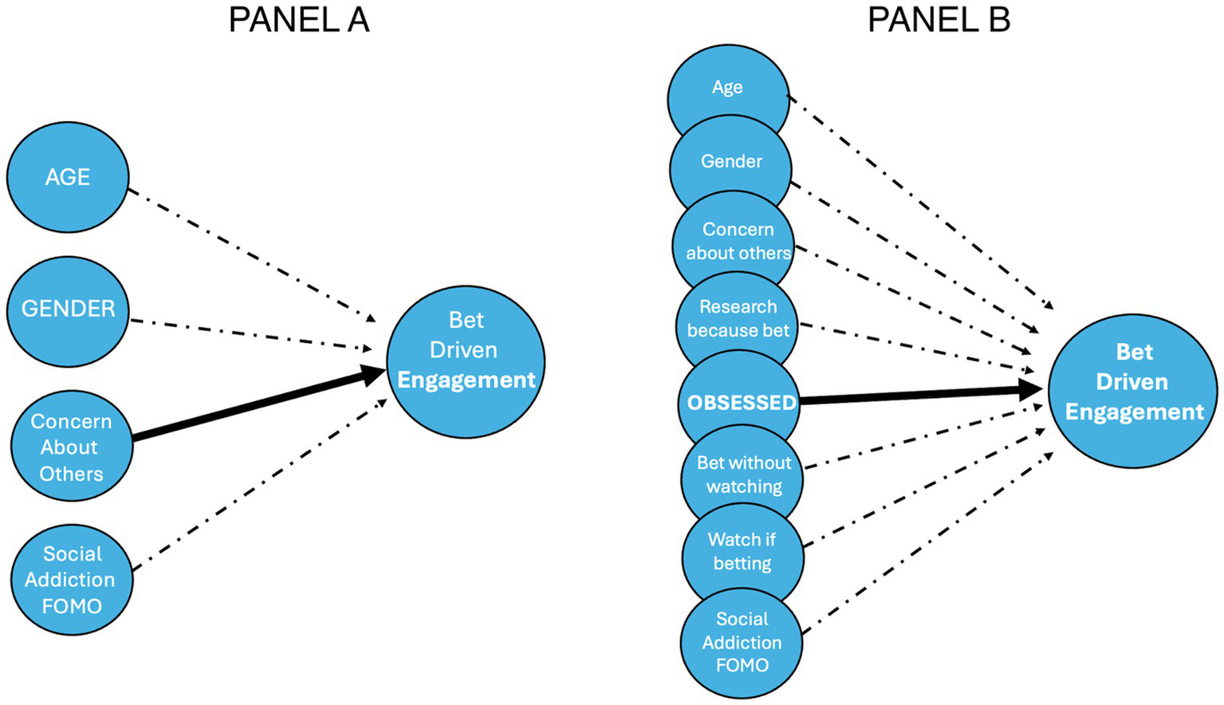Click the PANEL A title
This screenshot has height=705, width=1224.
(x=299, y=20)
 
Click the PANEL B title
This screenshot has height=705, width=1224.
(x=939, y=20)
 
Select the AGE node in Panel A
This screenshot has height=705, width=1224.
(x=68, y=177)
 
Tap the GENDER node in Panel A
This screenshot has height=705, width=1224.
(x=68, y=310)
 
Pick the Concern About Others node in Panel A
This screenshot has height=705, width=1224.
(x=71, y=447)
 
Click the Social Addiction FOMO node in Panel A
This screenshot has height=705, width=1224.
(x=71, y=580)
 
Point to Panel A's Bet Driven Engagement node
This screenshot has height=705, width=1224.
(x=466, y=360)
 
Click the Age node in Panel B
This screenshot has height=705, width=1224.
(x=727, y=88)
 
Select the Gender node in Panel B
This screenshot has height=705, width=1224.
(x=731, y=161)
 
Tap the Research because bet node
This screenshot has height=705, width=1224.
(x=738, y=319)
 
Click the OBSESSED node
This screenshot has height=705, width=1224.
(x=741, y=403)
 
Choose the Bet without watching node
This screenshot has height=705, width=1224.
(x=743, y=475)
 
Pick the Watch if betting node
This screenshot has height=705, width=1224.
(x=742, y=552)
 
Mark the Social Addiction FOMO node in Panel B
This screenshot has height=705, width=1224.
(x=742, y=642)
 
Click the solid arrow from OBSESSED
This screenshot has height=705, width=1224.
(x=917, y=395)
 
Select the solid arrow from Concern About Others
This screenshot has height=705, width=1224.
(x=255, y=405)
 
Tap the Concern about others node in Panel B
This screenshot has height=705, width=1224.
(x=737, y=241)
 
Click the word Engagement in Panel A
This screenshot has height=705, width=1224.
(x=466, y=380)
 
